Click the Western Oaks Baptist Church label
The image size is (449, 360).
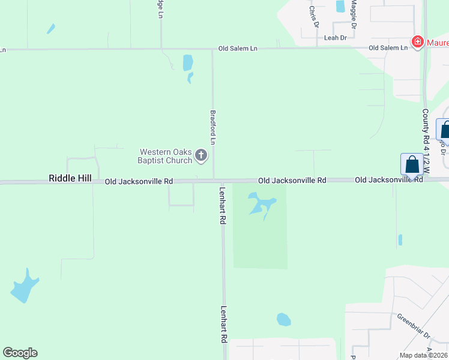(x=165, y=156)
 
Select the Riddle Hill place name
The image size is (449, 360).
(x=70, y=179)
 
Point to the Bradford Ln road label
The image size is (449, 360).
(x=212, y=126)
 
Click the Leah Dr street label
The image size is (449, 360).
(x=336, y=38)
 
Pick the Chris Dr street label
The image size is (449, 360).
(x=313, y=16)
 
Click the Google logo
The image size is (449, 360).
(x=20, y=353)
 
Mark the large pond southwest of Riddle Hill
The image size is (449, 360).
(x=24, y=287)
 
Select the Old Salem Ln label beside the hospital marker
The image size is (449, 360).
(x=388, y=48)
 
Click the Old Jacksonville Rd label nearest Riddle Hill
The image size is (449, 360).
(x=139, y=181)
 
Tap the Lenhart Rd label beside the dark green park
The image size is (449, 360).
(x=222, y=211)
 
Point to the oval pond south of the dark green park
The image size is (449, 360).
(x=283, y=319)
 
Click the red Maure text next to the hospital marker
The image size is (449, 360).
(x=437, y=42)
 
